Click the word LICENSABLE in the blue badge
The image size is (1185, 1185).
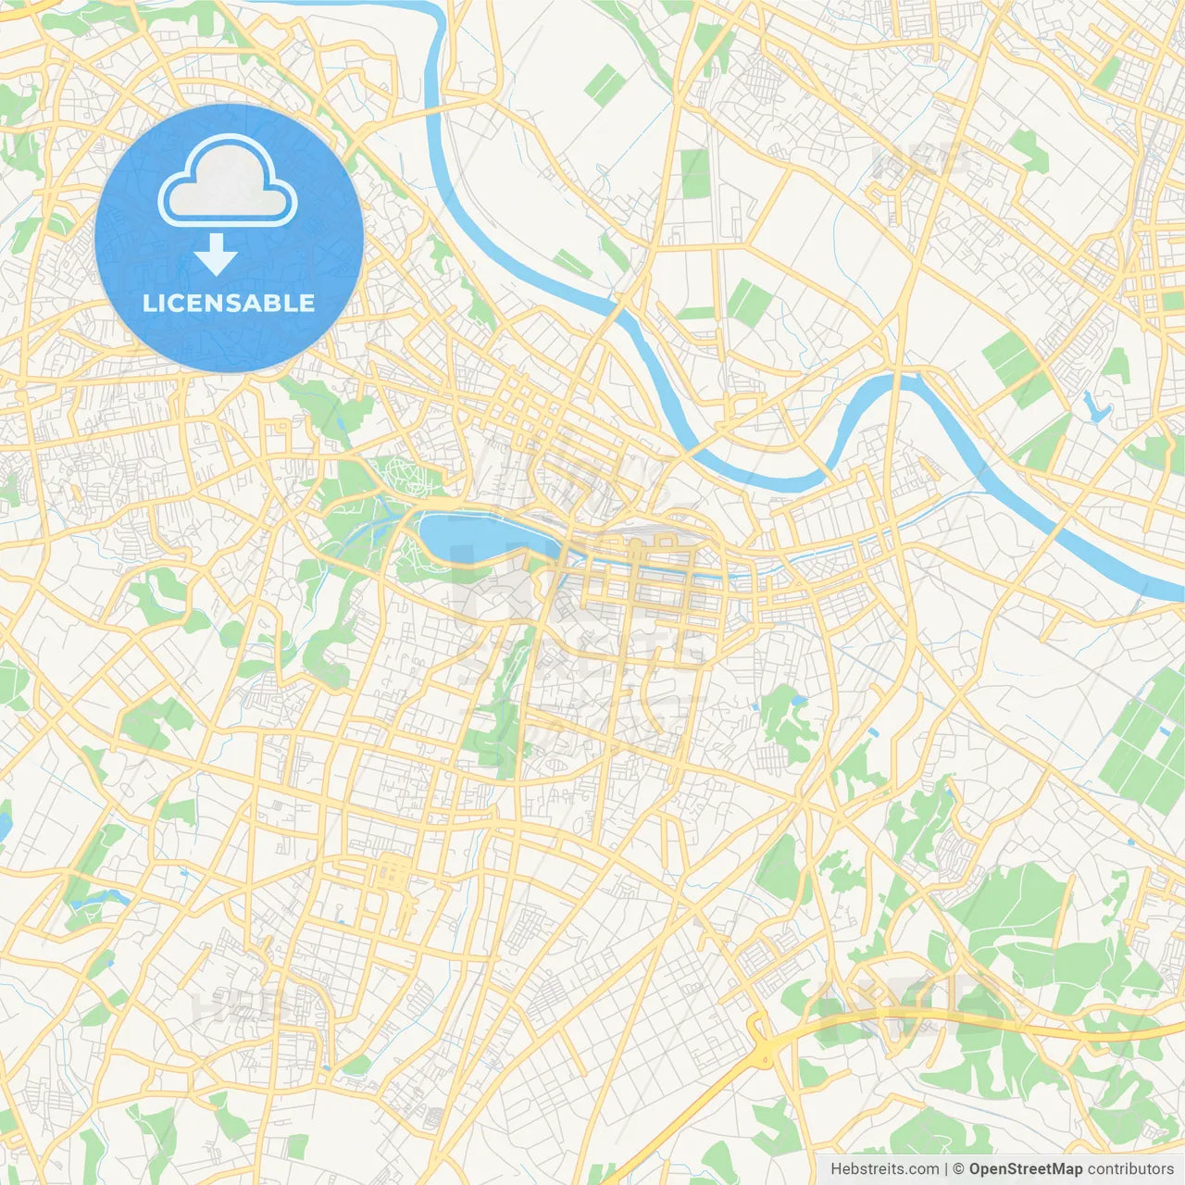coord(229,304)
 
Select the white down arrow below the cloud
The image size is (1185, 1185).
coord(217,255)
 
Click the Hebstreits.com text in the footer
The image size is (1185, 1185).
coord(884,1169)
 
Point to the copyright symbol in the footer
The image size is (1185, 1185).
coord(959,1169)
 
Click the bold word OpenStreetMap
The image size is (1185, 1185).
coord(1026,1169)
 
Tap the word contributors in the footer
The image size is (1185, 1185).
coord(1130,1169)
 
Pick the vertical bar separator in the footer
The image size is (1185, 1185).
coord(946,1169)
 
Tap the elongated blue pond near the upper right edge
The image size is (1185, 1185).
coord(1096,406)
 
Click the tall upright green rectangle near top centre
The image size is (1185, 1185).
coord(694,173)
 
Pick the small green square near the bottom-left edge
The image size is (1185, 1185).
coord(296,1146)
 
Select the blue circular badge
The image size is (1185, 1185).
coord(229,238)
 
